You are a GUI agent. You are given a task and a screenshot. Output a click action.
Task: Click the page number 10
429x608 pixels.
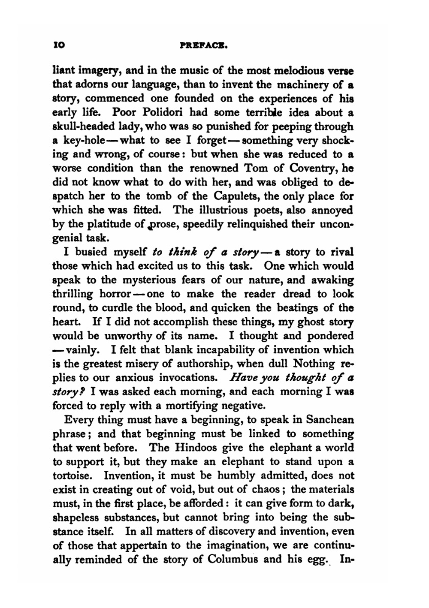(58, 45)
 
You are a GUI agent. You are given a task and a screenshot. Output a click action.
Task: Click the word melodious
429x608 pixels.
(296, 71)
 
